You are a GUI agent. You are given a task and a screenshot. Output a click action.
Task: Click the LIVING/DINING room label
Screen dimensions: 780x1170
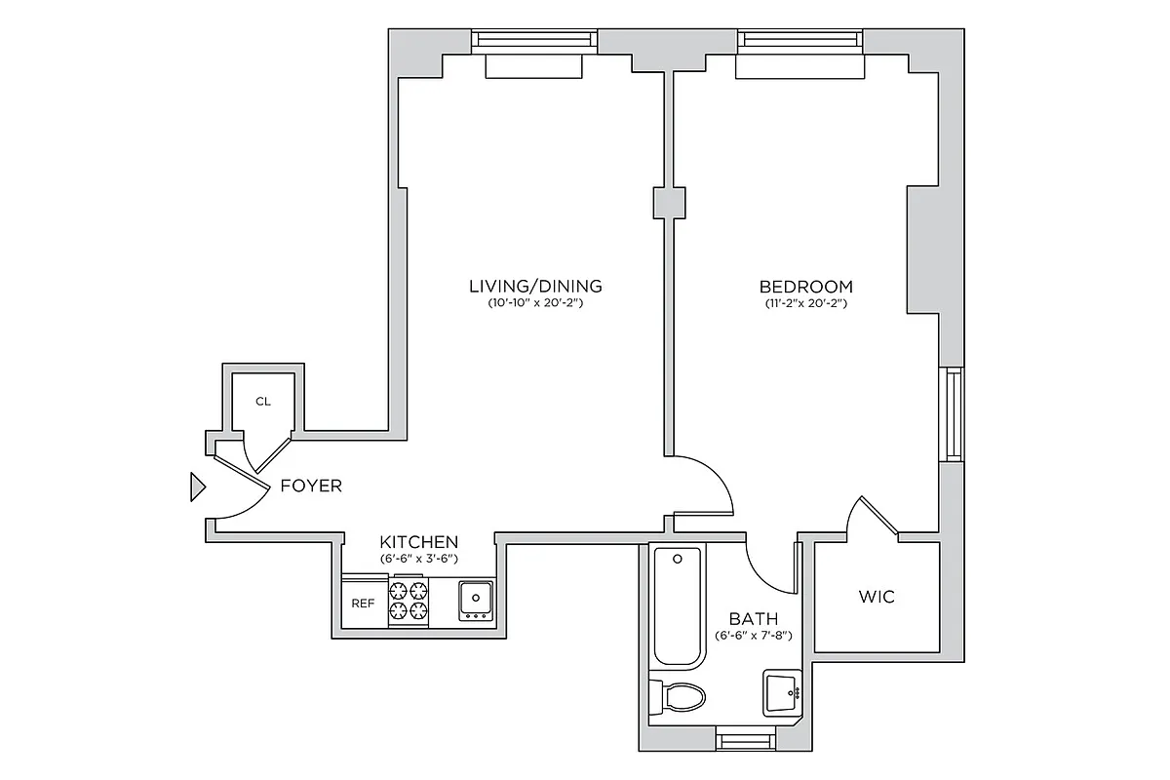pos(535,287)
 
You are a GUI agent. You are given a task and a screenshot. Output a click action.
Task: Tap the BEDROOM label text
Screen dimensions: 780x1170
pos(805,287)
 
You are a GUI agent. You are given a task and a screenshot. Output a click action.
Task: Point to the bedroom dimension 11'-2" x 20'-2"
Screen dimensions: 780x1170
pos(805,304)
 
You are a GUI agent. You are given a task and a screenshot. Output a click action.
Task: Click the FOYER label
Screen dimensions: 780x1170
pos(311,486)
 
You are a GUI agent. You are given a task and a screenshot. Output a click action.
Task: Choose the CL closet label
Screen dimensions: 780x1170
pos(262,401)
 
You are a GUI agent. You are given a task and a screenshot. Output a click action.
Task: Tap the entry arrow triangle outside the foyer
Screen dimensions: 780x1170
pos(198,486)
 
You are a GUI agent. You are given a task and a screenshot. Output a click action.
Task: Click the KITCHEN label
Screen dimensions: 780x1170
pos(418,542)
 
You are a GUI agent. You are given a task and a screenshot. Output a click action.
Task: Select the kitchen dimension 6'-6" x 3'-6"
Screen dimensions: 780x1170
pos(418,559)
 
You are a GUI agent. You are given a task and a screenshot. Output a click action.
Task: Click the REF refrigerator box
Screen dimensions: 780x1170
pos(364,604)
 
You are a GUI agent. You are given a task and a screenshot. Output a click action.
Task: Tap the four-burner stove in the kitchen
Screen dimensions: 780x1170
pos(409,601)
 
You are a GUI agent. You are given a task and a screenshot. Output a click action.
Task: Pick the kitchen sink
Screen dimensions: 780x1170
pos(476,601)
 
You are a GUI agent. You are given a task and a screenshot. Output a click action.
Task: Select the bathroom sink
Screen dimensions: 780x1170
pos(781,692)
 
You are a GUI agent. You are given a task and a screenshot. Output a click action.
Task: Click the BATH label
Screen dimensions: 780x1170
pos(754,618)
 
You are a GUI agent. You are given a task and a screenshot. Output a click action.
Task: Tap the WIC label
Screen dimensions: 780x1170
pos(876,597)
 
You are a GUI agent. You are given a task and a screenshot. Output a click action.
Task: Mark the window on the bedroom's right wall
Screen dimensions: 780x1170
pos(953,413)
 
